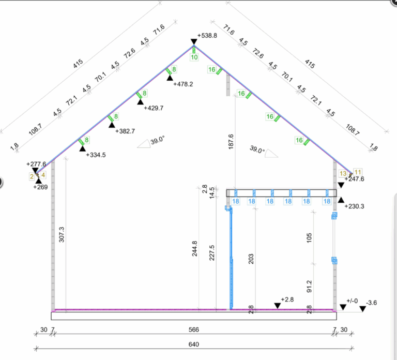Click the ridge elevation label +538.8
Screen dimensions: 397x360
tap(207, 36)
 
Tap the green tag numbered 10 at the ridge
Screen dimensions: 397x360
tap(194, 57)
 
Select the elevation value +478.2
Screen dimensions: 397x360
tap(183, 84)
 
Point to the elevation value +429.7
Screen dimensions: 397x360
tap(154, 108)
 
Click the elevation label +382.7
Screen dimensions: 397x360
tap(125, 131)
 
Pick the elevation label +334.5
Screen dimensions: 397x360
tap(96, 155)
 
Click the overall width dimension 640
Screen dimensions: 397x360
tap(194, 344)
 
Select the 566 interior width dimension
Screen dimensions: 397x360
tap(194, 329)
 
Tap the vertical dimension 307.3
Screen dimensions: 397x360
tap(62, 234)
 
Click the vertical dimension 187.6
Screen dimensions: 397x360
tap(231, 142)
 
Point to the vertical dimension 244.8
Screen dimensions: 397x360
tap(194, 248)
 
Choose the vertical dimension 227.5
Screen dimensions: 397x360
tap(212, 253)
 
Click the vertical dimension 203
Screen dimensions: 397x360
tap(251, 259)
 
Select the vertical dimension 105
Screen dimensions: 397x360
tap(309, 238)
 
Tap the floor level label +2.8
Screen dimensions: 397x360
tap(287, 299)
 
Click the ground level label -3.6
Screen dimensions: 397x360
tap(372, 303)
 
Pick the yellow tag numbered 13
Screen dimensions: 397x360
tap(343, 174)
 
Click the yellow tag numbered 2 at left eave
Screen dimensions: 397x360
tap(32, 176)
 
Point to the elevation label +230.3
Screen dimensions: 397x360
tap(355, 206)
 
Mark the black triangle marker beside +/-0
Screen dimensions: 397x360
tap(343, 307)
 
